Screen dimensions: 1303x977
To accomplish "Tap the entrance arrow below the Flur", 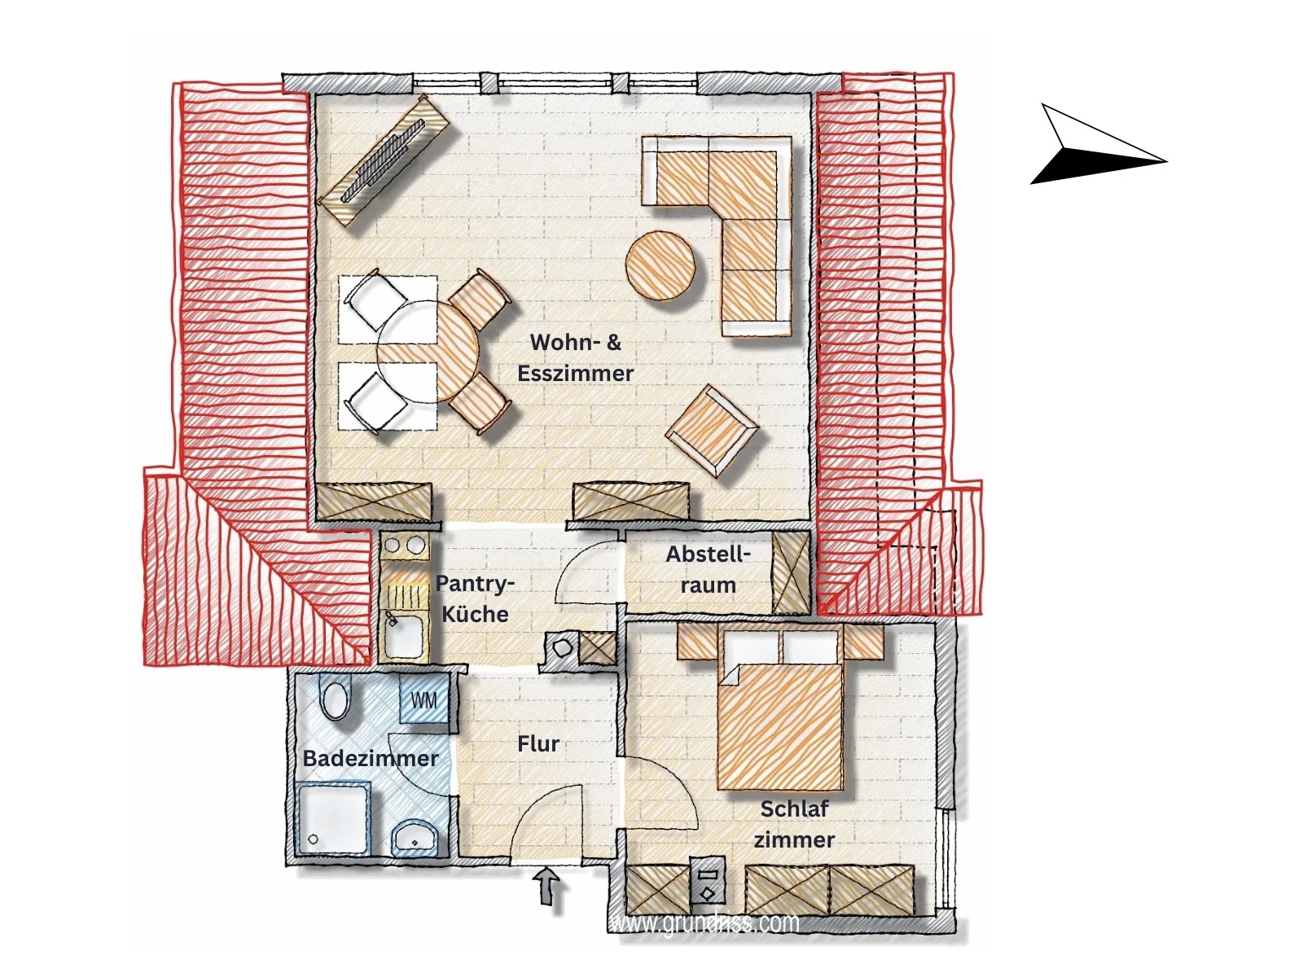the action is [x=546, y=887].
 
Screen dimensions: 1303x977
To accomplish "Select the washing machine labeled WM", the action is [x=423, y=700].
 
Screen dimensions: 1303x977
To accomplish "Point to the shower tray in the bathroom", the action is [x=334, y=817].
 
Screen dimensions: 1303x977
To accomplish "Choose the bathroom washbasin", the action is [x=415, y=837].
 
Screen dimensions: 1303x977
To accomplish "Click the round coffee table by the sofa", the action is [x=660, y=265].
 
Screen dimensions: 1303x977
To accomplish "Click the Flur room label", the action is [x=538, y=744].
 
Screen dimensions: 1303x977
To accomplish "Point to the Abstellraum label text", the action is [x=709, y=569].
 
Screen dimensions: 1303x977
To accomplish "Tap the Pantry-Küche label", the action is [x=475, y=598].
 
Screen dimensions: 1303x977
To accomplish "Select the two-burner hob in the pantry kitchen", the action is [x=406, y=545].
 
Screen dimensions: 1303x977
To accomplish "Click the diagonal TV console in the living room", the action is [x=384, y=160].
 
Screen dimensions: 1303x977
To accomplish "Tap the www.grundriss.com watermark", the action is [x=704, y=923].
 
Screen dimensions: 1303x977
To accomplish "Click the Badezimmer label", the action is [x=371, y=758].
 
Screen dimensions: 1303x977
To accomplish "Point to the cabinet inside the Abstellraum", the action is [x=791, y=572].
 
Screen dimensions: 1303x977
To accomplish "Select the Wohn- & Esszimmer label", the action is [x=575, y=357].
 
